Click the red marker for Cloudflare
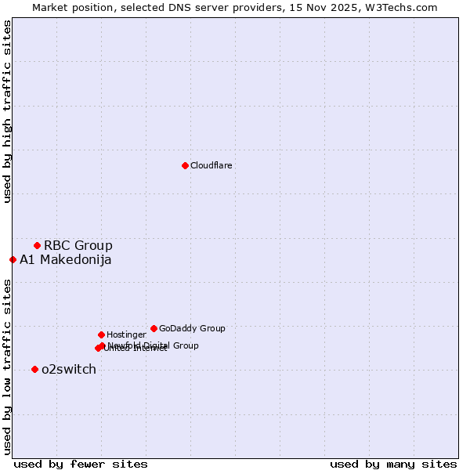point(185,165)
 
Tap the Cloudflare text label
point(211,165)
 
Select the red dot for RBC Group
point(37,245)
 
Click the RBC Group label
point(78,245)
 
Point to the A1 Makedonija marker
point(13,259)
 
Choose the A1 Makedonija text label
point(66,260)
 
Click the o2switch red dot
point(34,369)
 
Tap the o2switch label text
point(69,370)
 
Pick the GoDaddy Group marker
point(154,328)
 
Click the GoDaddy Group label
point(192,328)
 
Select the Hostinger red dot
point(101,334)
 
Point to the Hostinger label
point(127,334)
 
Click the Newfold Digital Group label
point(154,345)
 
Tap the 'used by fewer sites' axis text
point(81,464)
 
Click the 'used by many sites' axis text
point(393,464)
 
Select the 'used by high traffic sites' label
point(7,111)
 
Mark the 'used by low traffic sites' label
point(7,367)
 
